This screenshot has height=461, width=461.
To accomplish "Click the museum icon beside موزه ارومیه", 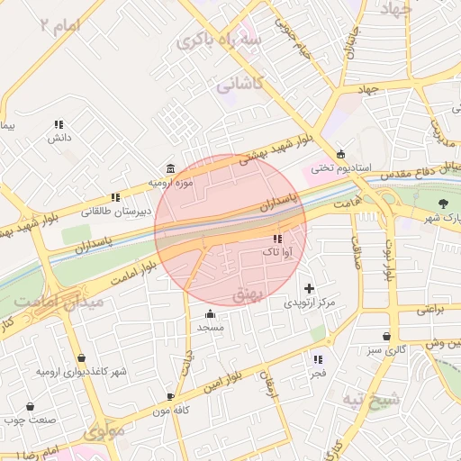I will (171, 168).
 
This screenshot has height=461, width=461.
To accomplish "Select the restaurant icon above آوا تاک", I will (276, 240).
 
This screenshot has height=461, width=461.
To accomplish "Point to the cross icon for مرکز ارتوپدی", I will (310, 289).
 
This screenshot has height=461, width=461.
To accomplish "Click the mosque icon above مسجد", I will (211, 313).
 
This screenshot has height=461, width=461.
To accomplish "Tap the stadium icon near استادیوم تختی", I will (340, 154).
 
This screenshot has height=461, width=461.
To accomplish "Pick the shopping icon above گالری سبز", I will (386, 336).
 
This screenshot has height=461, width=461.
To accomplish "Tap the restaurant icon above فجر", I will (318, 358).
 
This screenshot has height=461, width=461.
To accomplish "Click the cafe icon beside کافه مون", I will (170, 396).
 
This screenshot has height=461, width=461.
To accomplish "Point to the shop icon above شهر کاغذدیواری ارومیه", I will (82, 357).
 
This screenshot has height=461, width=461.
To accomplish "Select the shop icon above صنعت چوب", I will (30, 406).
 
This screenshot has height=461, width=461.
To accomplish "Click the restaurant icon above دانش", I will (59, 124).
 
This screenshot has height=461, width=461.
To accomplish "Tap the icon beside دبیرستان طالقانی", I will (114, 197).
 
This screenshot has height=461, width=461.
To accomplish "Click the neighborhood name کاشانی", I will (239, 86).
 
